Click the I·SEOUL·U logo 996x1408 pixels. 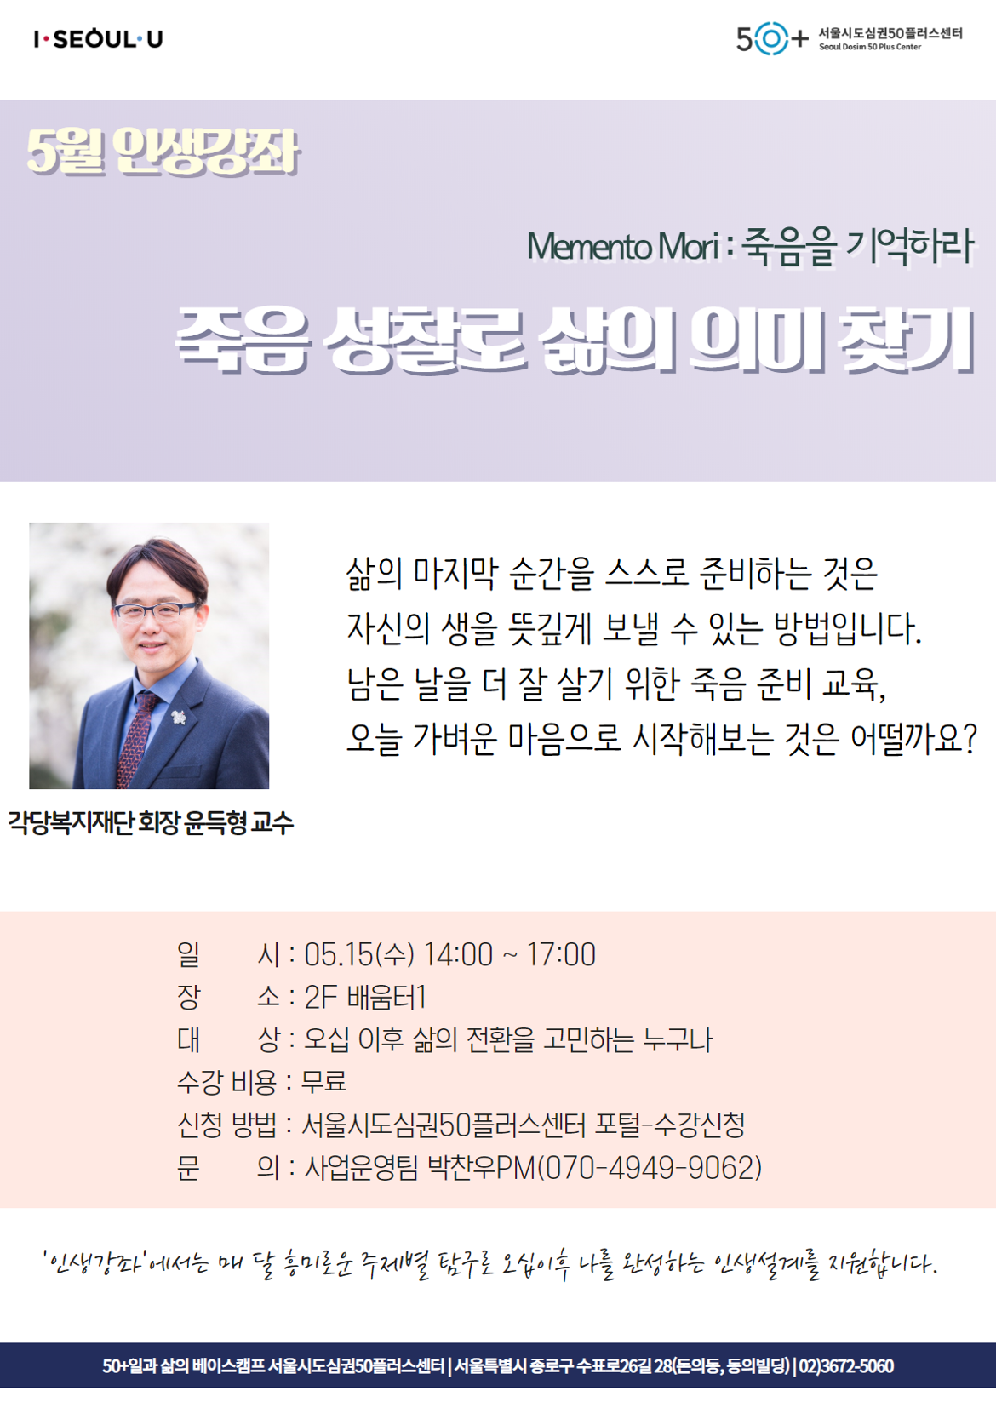pos(98,39)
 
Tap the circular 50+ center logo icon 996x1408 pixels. pos(771,39)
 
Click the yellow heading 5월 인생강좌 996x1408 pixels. pos(163,152)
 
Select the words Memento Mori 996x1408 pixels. pos(623,246)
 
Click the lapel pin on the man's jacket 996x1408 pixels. pos(179,716)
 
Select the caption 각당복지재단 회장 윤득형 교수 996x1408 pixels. pos(151,823)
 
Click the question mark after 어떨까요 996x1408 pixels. pos(970,739)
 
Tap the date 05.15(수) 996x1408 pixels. pos(359,955)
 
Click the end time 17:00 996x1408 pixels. pos(561,955)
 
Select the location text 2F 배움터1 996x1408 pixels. pos(365,998)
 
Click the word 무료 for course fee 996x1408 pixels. pos(324,1082)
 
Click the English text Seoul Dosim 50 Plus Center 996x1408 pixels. pos(870,47)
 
